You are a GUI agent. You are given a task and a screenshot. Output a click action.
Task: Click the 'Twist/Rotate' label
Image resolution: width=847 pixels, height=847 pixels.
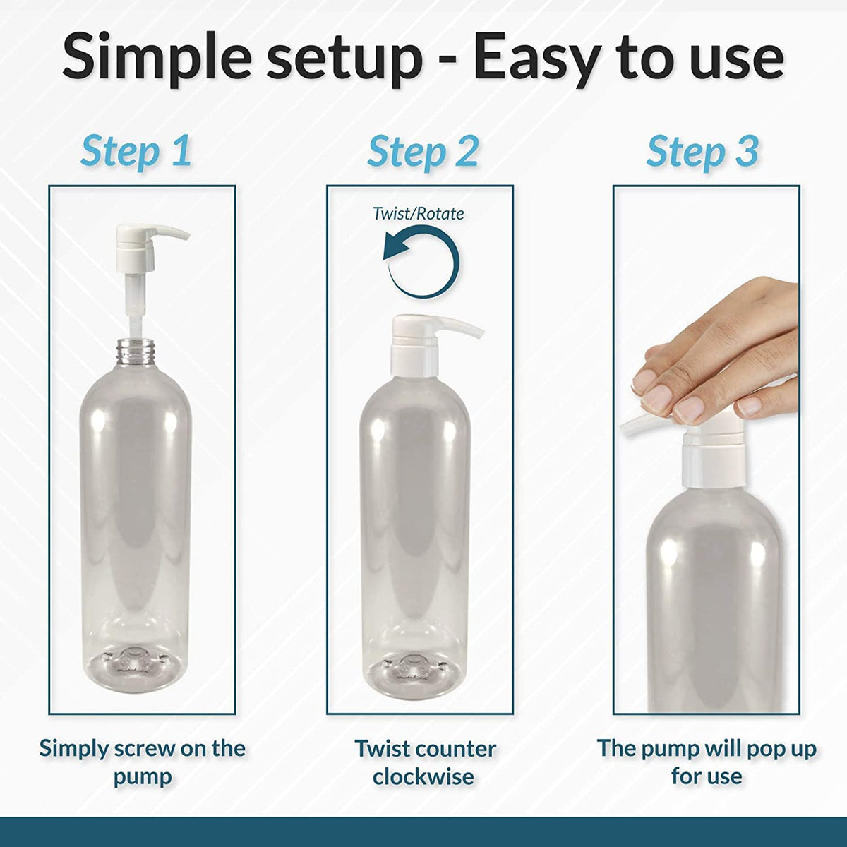coord(419,214)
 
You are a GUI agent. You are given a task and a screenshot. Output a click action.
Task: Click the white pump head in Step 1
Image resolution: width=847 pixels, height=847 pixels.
coord(152,246)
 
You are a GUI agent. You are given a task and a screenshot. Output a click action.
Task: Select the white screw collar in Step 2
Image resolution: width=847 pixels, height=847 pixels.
coord(414,361)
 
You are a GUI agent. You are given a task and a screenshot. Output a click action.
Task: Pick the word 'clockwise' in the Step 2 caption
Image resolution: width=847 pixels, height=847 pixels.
coord(423,776)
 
